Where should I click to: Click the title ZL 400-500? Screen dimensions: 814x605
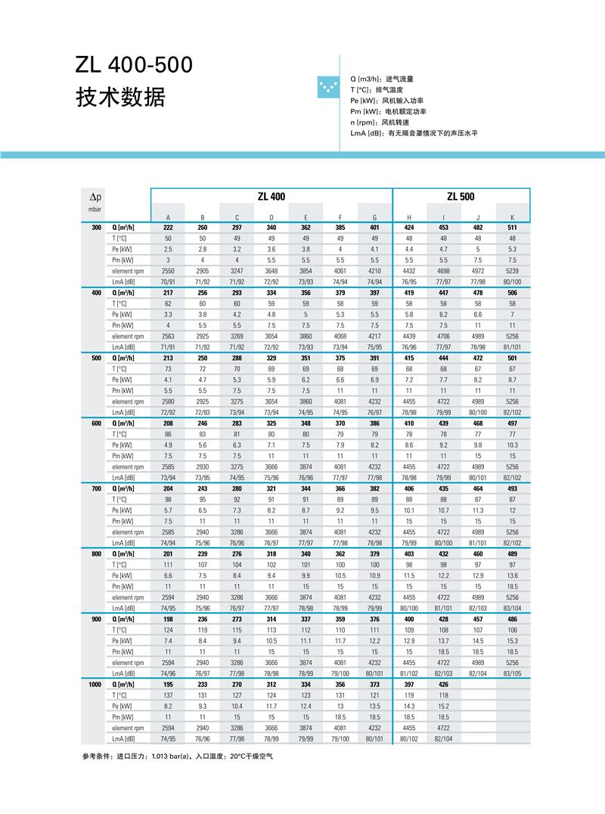134,66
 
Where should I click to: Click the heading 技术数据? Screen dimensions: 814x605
120,97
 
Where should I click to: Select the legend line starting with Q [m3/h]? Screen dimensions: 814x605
382,79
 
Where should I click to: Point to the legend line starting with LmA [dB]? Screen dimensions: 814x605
414,133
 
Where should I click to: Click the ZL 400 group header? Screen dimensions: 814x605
271,197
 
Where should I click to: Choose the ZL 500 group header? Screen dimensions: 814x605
461,197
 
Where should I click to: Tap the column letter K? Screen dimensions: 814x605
512,217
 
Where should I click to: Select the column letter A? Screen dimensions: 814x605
168,217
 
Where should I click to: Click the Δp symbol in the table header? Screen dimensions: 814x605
95,197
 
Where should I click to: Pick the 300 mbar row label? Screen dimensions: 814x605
96,227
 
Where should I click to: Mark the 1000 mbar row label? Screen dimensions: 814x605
95,684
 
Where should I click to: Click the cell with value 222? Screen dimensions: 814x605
168,227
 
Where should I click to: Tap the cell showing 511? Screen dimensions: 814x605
512,227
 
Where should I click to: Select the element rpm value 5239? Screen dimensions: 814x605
512,271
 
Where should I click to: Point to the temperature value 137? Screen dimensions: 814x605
168,695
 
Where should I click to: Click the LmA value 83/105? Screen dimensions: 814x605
512,673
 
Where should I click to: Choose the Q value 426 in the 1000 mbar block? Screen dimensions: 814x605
443,684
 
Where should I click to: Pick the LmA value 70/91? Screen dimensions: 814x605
168,281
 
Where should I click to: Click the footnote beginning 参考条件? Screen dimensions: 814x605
177,756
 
